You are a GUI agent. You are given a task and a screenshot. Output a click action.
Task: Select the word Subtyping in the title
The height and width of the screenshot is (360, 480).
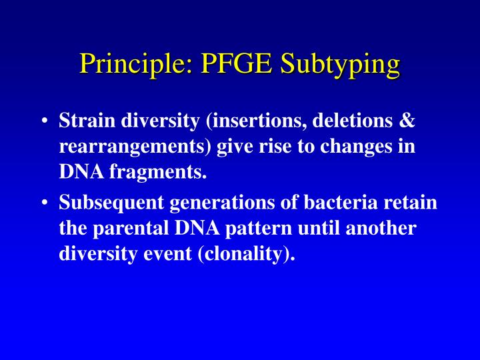coord(339,65)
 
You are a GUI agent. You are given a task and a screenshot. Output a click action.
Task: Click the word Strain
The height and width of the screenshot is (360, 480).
coord(83,121)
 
